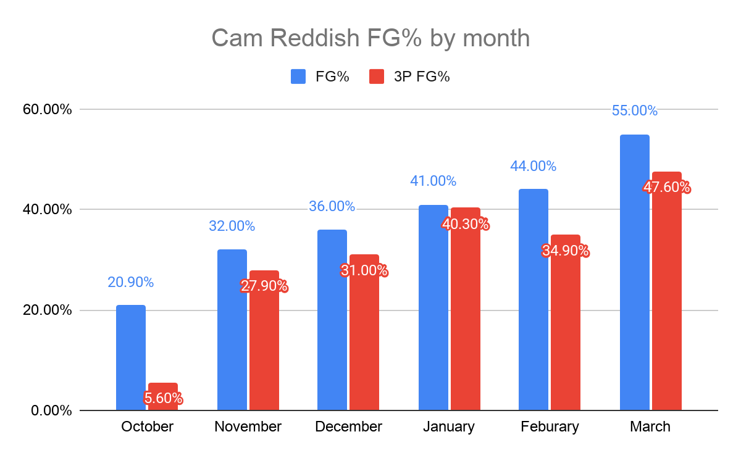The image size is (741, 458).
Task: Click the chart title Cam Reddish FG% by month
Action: (x=371, y=38)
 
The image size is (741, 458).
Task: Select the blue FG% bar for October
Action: (x=131, y=357)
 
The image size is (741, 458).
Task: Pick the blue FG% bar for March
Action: (x=634, y=272)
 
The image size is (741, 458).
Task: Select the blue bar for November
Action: (x=232, y=330)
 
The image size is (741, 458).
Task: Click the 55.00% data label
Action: (x=634, y=111)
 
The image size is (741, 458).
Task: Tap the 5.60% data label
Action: (x=163, y=398)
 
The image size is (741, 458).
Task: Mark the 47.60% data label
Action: (x=667, y=187)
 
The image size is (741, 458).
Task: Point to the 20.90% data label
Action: (x=130, y=282)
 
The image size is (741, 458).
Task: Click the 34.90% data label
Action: (x=566, y=251)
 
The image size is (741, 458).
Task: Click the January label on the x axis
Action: (x=449, y=427)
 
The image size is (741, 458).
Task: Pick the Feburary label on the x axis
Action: (x=550, y=427)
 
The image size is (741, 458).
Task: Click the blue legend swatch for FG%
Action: (x=298, y=77)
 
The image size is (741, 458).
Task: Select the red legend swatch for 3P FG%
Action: (x=377, y=77)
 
